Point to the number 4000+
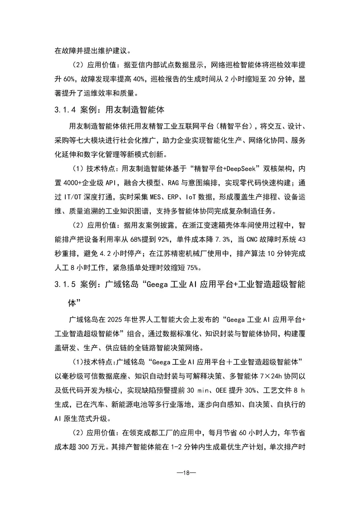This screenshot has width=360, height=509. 72,183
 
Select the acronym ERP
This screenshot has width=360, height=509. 173,197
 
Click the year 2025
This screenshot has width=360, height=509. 115,320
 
